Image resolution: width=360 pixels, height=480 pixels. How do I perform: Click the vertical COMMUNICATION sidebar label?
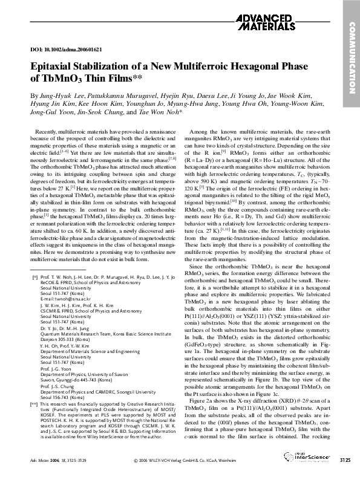point(352,54)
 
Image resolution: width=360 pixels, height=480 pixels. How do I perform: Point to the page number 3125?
point(344,461)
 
